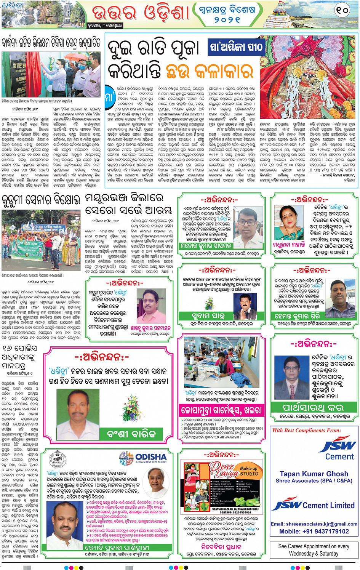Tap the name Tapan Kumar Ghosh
coord(314,474)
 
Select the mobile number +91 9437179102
coord(314,531)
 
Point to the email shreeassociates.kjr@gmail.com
coord(314,524)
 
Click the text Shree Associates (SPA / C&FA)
coord(314,481)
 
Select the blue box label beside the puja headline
coord(237,47)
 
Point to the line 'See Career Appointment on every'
coord(314,546)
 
